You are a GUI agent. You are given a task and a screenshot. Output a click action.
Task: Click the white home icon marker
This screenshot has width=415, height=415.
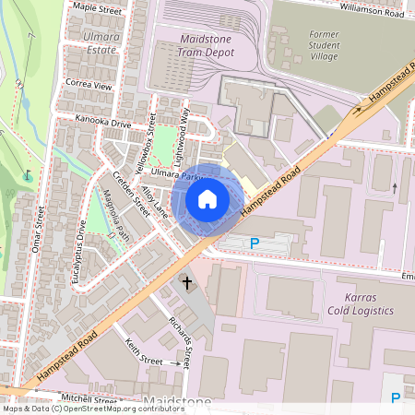[x=207, y=199]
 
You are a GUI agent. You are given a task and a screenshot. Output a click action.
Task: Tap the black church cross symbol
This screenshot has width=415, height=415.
[x=187, y=282]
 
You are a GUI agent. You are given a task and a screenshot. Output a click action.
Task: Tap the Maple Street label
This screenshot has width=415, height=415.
[x=97, y=8]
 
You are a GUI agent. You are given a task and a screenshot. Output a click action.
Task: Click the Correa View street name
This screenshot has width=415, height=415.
[x=89, y=84]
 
